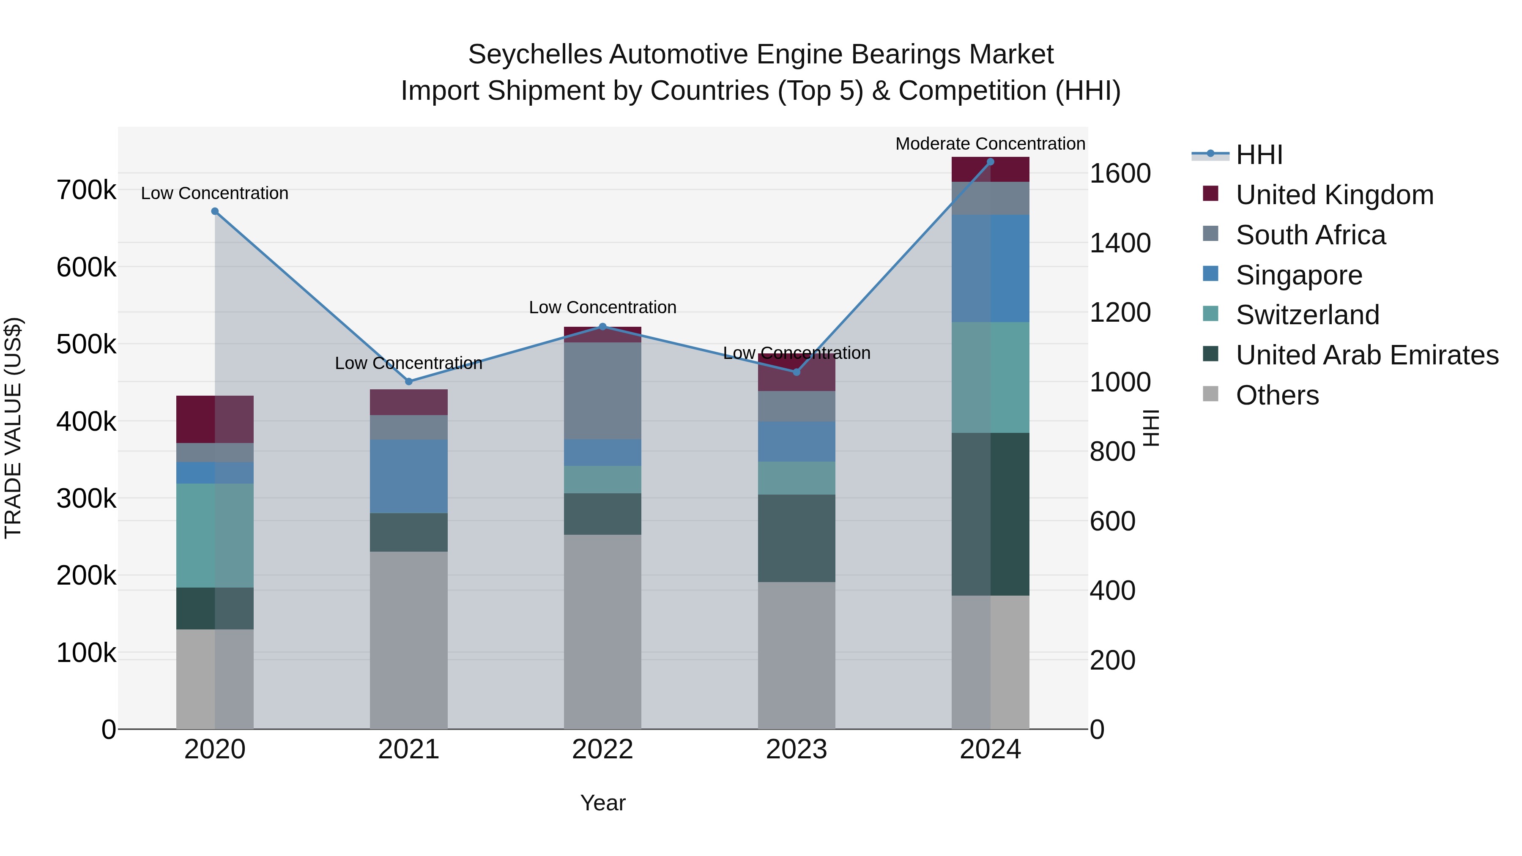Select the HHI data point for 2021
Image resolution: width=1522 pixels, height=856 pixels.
(408, 382)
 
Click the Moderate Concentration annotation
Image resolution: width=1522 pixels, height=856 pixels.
(990, 144)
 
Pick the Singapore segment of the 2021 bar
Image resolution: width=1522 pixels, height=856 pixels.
(408, 476)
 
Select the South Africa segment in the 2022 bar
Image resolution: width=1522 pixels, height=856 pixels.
(602, 391)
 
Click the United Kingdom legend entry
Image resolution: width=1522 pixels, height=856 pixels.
(1334, 195)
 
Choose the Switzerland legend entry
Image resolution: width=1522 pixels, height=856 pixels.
(1307, 315)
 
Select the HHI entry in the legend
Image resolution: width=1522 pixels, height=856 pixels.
(1259, 155)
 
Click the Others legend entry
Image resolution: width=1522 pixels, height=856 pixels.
(1277, 395)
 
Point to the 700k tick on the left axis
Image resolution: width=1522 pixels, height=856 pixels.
(86, 191)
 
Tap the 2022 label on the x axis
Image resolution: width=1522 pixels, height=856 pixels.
(602, 749)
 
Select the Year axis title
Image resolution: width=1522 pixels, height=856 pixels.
(602, 803)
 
